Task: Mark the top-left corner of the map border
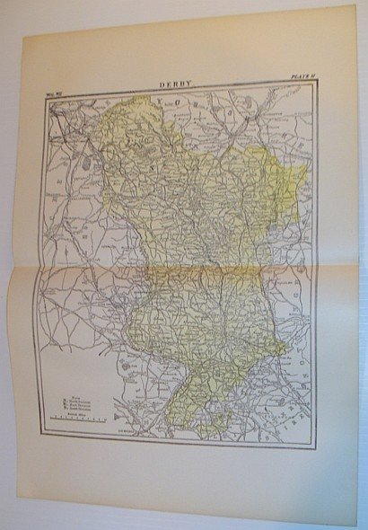[47, 95]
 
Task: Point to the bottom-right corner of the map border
[315, 446]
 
